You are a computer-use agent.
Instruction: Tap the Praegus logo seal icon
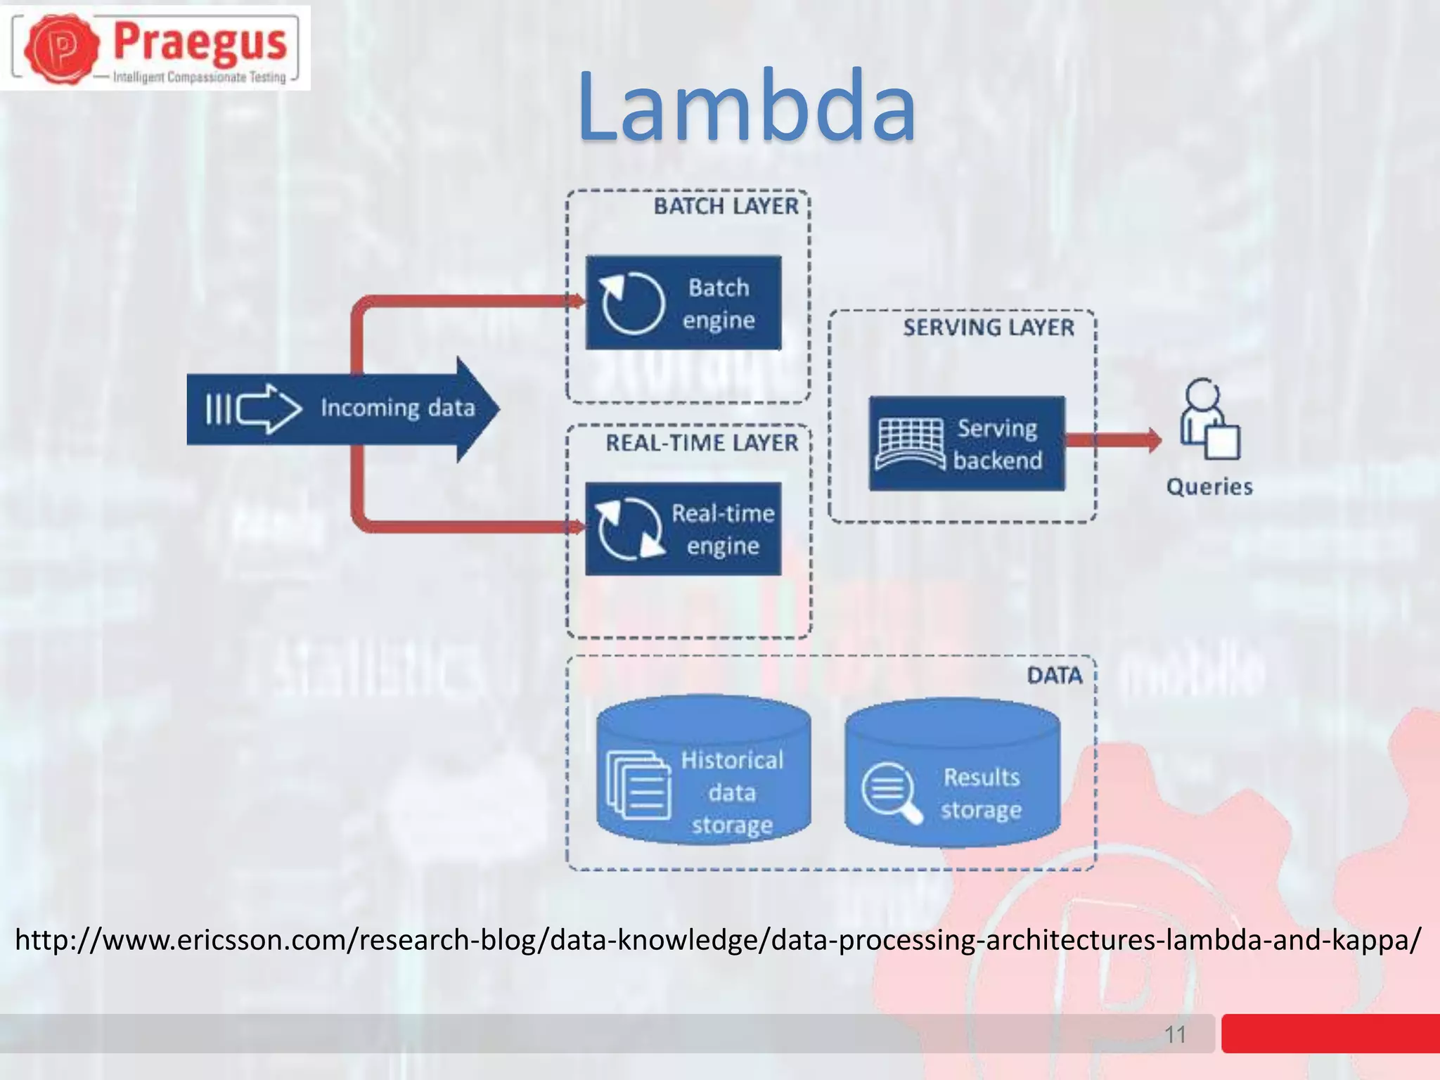tap(62, 47)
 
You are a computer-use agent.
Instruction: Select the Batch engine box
tap(683, 303)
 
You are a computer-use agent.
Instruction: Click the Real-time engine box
tap(683, 529)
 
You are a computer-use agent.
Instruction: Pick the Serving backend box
tap(967, 444)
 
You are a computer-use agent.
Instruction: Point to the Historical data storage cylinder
tap(704, 770)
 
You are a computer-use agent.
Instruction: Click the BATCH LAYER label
tap(726, 207)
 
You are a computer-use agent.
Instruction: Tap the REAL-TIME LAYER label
tap(702, 443)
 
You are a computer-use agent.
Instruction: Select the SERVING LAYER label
tap(989, 328)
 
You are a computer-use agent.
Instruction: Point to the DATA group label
tap(1054, 676)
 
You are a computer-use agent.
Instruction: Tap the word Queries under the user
tap(1209, 487)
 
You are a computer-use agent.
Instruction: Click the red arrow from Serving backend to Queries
tap(1114, 441)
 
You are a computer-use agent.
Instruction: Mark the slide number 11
tap(1176, 1034)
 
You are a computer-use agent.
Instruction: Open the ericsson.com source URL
tap(718, 940)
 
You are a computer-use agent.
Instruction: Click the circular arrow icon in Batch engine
tap(631, 303)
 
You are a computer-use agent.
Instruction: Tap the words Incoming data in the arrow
tap(398, 408)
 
